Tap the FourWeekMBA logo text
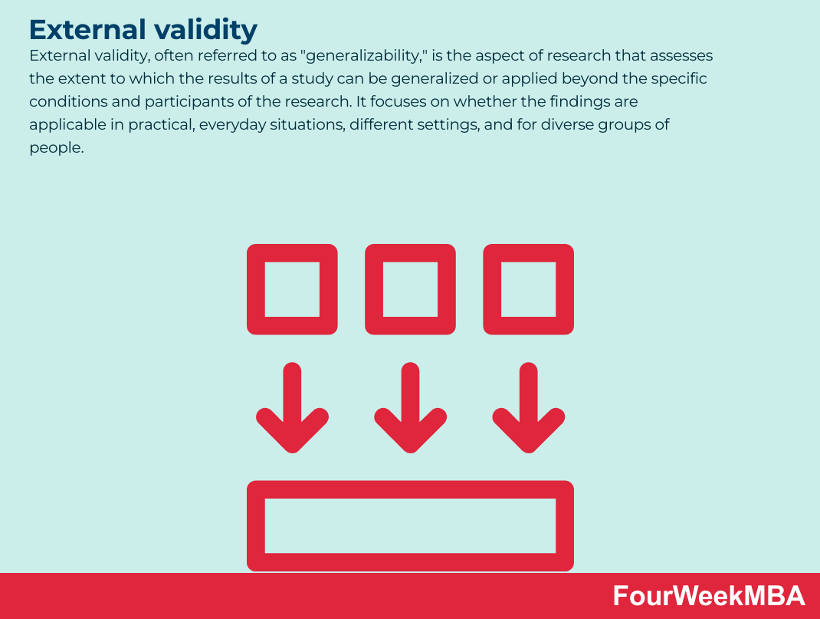click(x=709, y=596)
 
